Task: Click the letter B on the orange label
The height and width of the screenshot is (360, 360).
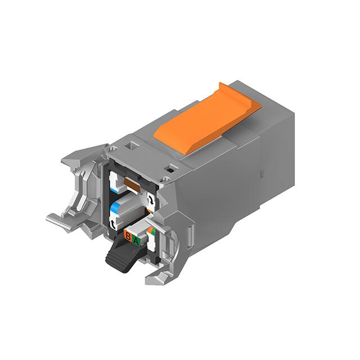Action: (128, 236)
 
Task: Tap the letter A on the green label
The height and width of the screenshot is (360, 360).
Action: (136, 241)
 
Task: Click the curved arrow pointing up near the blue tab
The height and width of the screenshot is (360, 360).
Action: (113, 223)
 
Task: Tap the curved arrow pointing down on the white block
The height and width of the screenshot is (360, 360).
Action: (151, 199)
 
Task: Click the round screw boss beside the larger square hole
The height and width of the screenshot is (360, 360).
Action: (112, 149)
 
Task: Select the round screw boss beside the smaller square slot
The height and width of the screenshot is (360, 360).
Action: (165, 179)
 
